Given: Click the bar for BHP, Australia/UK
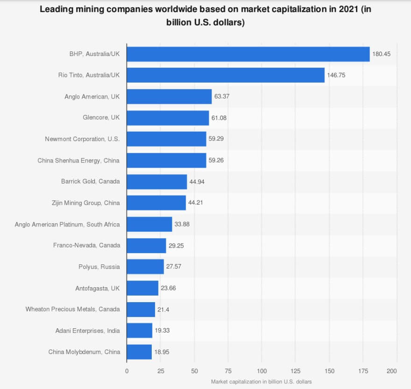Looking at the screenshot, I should click(248, 54).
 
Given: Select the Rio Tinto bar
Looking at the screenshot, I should click(226, 75).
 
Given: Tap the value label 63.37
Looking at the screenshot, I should click(223, 97).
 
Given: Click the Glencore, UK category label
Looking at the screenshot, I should click(101, 118).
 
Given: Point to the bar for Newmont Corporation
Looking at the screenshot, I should click(166, 139).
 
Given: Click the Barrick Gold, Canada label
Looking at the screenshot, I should click(90, 182).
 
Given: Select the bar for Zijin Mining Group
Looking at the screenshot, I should click(156, 203).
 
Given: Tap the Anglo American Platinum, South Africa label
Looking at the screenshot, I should click(67, 224).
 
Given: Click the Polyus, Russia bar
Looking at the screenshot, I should click(145, 267).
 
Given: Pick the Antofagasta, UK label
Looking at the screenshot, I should click(98, 288).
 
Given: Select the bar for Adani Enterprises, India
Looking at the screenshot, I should click(140, 331).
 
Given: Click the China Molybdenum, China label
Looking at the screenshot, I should click(84, 352).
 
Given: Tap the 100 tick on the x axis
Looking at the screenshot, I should click(262, 371).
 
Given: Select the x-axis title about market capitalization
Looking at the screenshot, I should click(261, 382).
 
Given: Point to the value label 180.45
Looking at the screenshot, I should click(381, 54).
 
